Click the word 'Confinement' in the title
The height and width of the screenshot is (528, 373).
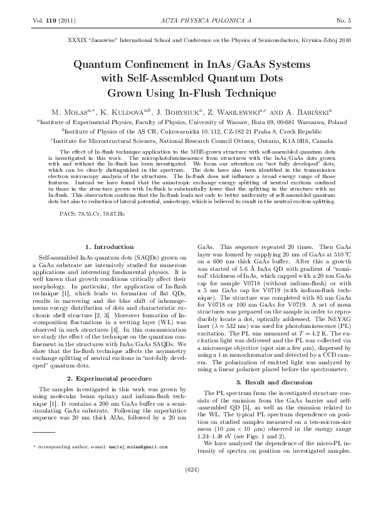point(167,65)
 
